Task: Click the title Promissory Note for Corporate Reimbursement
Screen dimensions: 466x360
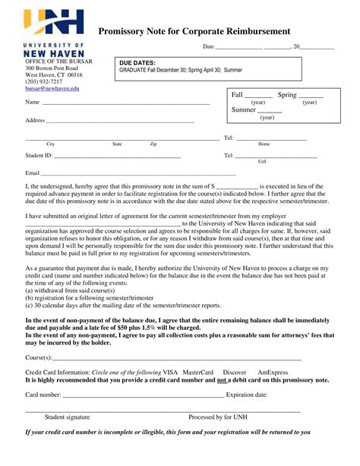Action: click(194, 31)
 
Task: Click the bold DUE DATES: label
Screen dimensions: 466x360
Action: click(137, 63)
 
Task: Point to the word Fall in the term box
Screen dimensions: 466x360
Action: click(237, 95)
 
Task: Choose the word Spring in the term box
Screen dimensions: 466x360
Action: click(287, 95)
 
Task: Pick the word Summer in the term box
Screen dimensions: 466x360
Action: click(243, 110)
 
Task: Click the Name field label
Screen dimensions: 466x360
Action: click(33, 102)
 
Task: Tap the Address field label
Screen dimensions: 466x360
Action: click(36, 120)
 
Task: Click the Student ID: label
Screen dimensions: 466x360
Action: click(39, 155)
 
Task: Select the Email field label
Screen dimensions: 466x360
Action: click(33, 173)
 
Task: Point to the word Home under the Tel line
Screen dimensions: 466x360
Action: click(264, 144)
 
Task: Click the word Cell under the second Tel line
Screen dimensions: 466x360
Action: click(262, 161)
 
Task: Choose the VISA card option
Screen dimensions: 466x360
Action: click(170, 372)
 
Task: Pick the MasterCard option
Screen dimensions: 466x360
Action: click(197, 372)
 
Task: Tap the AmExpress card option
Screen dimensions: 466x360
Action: click(273, 372)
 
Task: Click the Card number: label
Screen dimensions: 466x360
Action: click(43, 395)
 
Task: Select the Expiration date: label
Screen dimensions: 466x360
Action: click(247, 395)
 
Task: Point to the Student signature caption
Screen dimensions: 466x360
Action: click(67, 417)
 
